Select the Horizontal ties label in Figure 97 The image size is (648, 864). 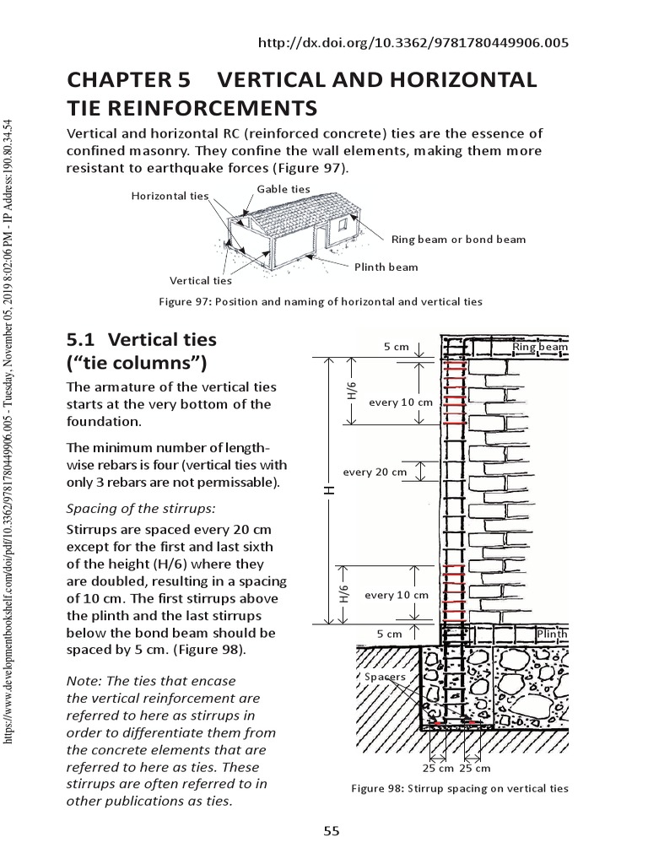click(170, 196)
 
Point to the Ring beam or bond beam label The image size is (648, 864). click(458, 239)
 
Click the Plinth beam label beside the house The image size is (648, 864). click(386, 267)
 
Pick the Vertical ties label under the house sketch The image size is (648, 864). click(200, 280)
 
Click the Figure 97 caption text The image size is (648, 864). click(321, 301)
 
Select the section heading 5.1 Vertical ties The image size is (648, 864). click(141, 340)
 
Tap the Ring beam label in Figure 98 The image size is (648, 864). click(540, 347)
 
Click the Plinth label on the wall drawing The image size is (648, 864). click(552, 634)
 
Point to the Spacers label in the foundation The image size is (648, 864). click(385, 677)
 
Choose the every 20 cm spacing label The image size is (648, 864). click(375, 472)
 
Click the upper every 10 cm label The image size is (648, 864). click(400, 402)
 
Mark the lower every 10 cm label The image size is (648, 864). click(396, 595)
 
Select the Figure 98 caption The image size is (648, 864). click(460, 788)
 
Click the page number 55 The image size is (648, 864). click(332, 831)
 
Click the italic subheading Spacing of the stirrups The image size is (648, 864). click(141, 508)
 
